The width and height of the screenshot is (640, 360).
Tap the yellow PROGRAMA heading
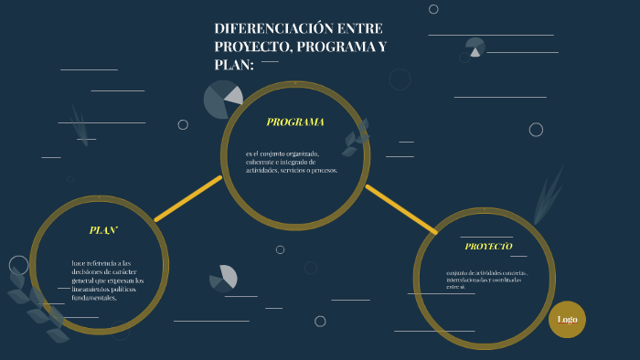[295, 122]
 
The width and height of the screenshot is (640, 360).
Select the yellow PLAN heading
[103, 230]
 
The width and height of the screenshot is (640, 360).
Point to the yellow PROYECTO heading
[488, 247]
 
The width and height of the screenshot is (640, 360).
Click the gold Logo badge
[567, 319]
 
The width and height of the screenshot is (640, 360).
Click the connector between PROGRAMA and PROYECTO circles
[400, 208]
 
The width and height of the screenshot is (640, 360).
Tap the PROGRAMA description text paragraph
[292, 162]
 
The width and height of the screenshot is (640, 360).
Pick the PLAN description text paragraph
[107, 280]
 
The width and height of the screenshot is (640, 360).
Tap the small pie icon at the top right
[475, 48]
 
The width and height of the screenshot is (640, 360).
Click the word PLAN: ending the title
[233, 64]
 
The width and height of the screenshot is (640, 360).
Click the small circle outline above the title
[433, 9]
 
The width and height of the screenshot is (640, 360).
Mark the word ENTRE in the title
[360, 28]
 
